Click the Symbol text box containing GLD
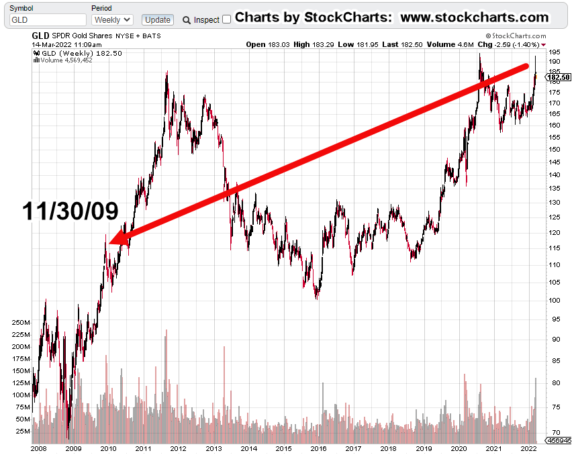pos(48,20)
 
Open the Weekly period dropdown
pos(111,20)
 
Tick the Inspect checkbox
pos(226,19)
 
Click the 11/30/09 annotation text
pos(70,211)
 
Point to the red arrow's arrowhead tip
pos(109,244)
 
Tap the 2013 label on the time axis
pos(213,448)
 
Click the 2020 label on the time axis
pos(459,448)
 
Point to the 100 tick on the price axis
pos(555,300)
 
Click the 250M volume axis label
pos(21,323)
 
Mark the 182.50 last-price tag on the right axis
pos(559,77)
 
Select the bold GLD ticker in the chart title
pos(41,35)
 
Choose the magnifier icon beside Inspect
pos(187,20)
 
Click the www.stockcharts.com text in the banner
pos(475,17)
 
